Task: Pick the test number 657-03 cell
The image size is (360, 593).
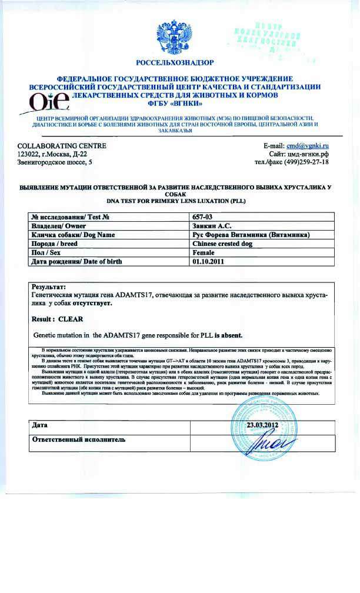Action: [204, 217]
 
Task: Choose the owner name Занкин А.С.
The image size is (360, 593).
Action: [211, 226]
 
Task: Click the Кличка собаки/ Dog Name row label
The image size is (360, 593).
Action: [74, 235]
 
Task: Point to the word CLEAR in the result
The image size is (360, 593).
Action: [71, 318]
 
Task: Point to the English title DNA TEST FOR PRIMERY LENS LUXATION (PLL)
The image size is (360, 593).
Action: [179, 201]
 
